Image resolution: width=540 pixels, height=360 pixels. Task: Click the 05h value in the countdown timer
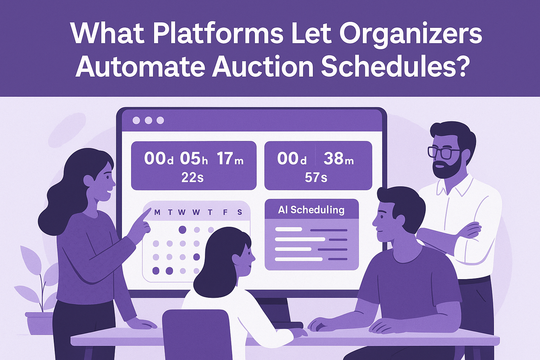click(x=194, y=159)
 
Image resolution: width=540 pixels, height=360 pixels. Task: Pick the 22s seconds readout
click(x=193, y=178)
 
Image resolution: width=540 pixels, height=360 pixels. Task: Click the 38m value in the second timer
click(x=339, y=159)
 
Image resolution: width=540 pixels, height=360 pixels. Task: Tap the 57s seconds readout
click(x=316, y=178)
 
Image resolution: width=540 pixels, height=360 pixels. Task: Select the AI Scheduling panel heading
click(x=311, y=210)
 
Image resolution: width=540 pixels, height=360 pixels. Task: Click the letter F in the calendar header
click(x=225, y=212)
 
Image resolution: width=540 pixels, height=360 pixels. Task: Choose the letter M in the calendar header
click(x=157, y=212)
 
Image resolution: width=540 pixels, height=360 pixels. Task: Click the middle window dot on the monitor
click(x=148, y=121)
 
